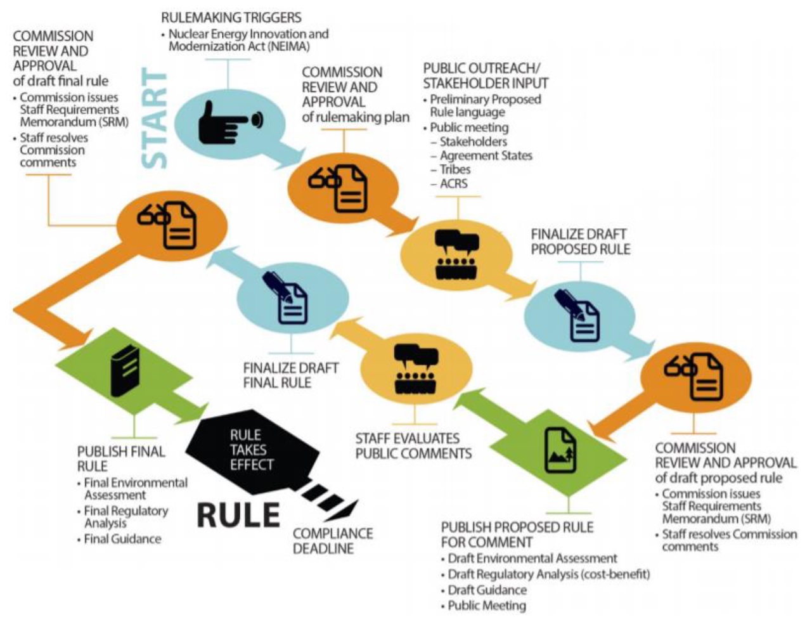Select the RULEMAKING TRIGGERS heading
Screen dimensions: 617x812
click(231, 17)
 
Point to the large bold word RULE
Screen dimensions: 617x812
click(238, 514)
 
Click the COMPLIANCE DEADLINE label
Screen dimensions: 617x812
click(333, 541)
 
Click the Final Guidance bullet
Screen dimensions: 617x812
click(122, 539)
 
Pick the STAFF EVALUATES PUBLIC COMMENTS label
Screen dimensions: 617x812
click(413, 446)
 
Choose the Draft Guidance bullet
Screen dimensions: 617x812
click(487, 590)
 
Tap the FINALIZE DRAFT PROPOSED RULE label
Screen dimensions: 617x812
click(581, 242)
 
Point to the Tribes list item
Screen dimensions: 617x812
click(455, 169)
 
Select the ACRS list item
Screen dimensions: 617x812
click(453, 184)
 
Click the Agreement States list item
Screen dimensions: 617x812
click(486, 155)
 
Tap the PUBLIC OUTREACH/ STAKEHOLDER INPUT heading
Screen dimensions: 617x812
click(486, 75)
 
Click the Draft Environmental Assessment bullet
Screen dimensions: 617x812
click(532, 559)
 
